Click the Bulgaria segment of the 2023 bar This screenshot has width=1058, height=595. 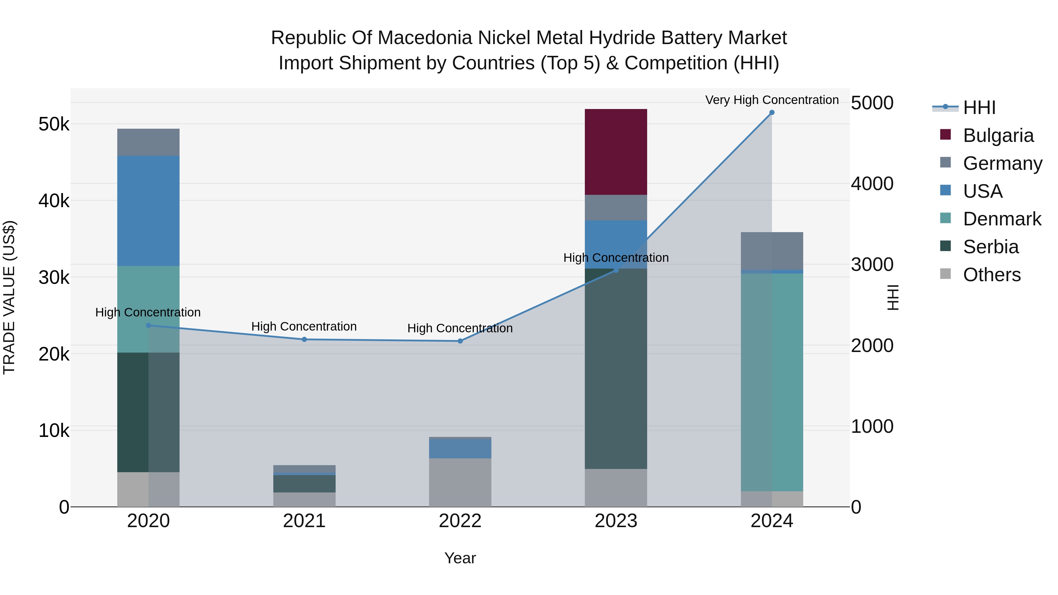(x=616, y=152)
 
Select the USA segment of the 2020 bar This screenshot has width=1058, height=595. (x=148, y=211)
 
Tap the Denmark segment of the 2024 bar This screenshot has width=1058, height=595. (x=772, y=382)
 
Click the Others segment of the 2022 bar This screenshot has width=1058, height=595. (x=460, y=482)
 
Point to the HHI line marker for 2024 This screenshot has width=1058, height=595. (x=772, y=113)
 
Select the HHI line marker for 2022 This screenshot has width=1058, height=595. (x=460, y=341)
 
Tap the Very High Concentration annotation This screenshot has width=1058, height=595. (x=772, y=100)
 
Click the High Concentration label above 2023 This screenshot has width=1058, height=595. (x=616, y=258)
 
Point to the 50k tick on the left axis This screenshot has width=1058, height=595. (x=54, y=124)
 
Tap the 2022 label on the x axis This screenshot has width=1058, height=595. (x=460, y=521)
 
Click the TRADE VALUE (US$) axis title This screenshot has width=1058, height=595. (x=9, y=297)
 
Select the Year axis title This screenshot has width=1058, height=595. (x=460, y=558)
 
